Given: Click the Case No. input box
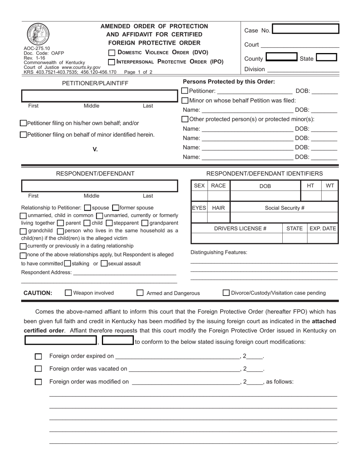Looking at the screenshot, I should (305, 30).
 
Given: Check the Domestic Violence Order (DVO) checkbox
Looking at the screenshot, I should (112, 53).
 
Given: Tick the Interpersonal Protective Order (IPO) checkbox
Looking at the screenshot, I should (112, 62).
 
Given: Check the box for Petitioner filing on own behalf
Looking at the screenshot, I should (23, 123).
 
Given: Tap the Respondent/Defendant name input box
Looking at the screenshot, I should (99, 186).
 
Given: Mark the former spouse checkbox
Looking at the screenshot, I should (116, 208).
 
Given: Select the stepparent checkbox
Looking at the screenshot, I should (110, 223).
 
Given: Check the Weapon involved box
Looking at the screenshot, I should (69, 293).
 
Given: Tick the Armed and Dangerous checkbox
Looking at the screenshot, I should (140, 293).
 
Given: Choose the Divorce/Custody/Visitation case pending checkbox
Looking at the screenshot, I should (226, 293).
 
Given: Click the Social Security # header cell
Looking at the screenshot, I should (284, 208).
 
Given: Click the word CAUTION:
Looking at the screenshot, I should (38, 293).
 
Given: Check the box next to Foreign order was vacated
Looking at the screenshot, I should (38, 369).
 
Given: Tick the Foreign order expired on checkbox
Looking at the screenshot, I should (38, 357).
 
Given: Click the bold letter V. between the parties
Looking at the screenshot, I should (95, 149).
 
